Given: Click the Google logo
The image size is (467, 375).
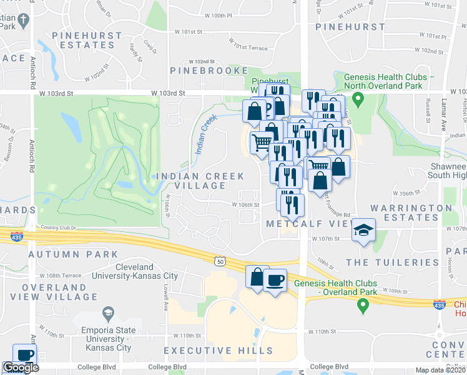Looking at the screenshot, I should pyautogui.click(x=20, y=368).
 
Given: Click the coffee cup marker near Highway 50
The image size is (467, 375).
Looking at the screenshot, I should pyautogui.click(x=275, y=279).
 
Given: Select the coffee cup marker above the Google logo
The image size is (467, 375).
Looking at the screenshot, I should pyautogui.click(x=25, y=354).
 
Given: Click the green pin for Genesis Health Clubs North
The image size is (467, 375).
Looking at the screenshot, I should pyautogui.click(x=358, y=98).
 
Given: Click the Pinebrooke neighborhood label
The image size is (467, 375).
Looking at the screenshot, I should pyautogui.click(x=218, y=71).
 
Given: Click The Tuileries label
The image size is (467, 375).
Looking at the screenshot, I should pyautogui.click(x=384, y=262).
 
